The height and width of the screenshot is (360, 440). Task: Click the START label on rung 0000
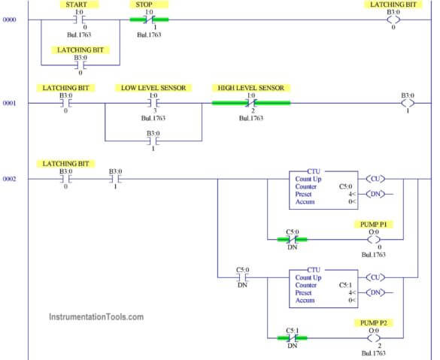76,5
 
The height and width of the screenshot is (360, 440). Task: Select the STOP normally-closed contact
149,20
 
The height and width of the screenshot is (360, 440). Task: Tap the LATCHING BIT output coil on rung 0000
393,20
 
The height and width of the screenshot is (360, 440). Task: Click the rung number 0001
9,103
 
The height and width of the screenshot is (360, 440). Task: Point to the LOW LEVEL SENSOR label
153,88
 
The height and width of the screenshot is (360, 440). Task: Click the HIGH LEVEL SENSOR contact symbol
251,103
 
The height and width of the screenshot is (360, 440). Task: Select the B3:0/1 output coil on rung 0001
408,103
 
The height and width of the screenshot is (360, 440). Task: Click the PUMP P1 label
373,224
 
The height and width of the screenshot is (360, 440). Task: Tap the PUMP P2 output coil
374,338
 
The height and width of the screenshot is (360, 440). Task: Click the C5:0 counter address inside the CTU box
345,186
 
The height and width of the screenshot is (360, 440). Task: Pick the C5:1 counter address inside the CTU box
345,285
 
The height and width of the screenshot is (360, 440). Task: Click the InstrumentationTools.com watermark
96,317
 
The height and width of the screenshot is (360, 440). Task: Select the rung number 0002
9,179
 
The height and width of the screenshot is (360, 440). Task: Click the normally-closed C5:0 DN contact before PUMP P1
292,240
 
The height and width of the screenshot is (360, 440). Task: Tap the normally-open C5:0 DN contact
242,277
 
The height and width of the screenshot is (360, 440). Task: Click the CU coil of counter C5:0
375,179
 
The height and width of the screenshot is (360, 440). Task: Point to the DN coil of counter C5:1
375,292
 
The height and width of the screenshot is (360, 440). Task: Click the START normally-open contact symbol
79,20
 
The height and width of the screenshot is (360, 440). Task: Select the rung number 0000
9,20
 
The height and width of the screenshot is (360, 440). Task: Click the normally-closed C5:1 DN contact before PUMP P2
292,338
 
